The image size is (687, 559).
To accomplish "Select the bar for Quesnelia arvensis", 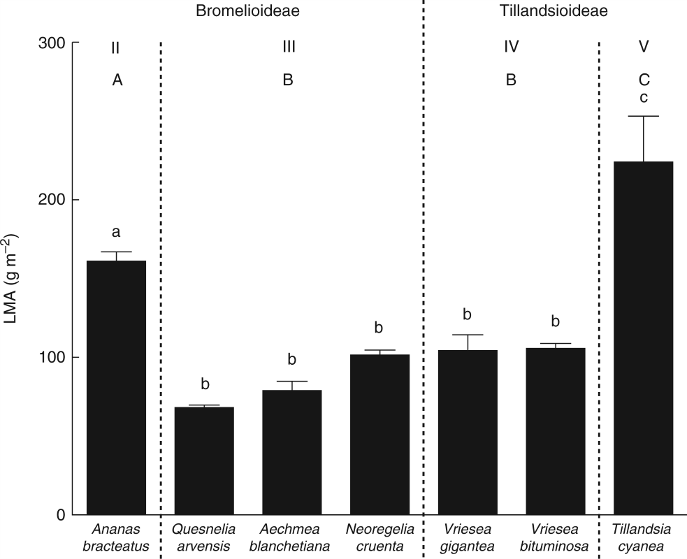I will tap(203, 460).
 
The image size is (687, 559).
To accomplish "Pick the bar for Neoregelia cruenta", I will tap(379, 434).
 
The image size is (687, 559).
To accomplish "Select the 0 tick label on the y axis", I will tap(60, 515).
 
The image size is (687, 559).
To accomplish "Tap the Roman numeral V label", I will tap(643, 48).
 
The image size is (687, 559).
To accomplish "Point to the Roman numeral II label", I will tap(116, 48).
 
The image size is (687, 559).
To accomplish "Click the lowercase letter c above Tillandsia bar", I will tap(643, 97).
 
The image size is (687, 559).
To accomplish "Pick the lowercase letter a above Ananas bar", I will tap(116, 233).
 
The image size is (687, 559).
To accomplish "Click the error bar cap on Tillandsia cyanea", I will tap(643, 116).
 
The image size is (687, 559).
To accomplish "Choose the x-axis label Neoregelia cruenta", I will tap(379, 537).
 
